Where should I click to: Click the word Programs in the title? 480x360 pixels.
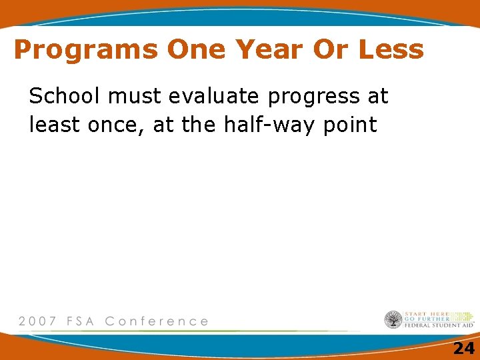[x=85, y=50]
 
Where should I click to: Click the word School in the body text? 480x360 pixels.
[x=67, y=97]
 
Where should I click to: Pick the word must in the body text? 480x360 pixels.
[x=137, y=97]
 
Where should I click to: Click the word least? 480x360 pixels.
[x=55, y=124]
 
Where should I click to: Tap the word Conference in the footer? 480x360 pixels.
[x=157, y=321]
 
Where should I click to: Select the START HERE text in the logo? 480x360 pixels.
[x=427, y=313]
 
